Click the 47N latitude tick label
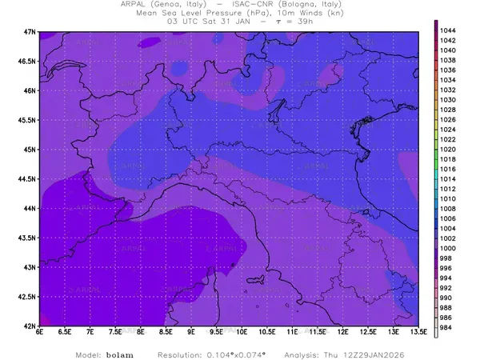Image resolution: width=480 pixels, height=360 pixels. point(30,31)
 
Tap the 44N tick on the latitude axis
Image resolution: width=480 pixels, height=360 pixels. point(30,208)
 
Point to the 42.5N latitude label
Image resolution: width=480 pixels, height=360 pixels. point(28,297)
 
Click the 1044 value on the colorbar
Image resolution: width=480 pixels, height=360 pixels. point(448,30)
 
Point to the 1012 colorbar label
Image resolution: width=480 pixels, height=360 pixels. point(448,189)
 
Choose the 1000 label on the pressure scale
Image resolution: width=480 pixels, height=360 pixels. point(448,249)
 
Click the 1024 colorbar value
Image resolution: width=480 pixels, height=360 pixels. point(448,129)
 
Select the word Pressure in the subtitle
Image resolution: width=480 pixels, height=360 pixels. point(219,14)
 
